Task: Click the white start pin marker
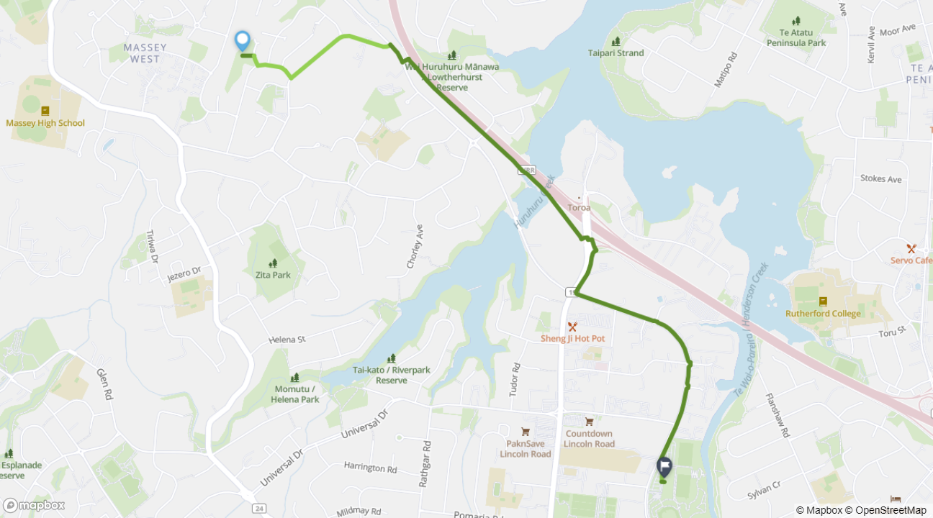[x=243, y=41]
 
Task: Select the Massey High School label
[x=45, y=123]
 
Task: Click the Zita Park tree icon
[x=273, y=263]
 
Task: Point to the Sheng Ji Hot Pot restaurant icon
[x=572, y=327]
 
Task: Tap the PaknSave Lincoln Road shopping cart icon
[x=526, y=432]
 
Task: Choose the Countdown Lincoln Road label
[x=589, y=439]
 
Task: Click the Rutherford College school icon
[x=823, y=301]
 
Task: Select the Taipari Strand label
[x=616, y=53]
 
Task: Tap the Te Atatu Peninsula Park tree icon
[x=795, y=21]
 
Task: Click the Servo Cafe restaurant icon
[x=911, y=248]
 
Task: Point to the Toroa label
[x=580, y=208]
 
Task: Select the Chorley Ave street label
[x=415, y=246]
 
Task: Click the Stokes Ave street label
[x=880, y=178]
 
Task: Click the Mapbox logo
[x=34, y=505]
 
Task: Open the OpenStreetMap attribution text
[x=890, y=510]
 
